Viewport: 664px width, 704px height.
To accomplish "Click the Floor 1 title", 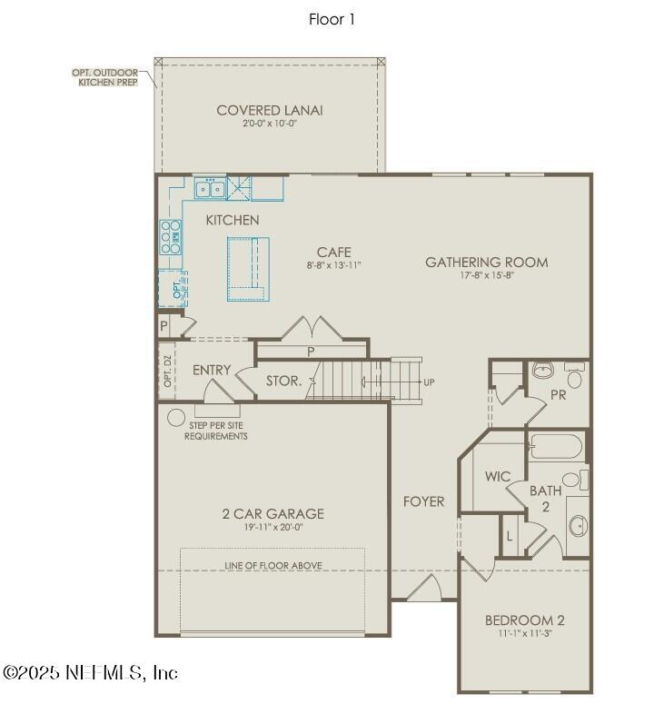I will point(332,19).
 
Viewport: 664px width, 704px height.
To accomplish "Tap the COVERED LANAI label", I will point(270,111).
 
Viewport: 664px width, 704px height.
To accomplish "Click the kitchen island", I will point(248,268).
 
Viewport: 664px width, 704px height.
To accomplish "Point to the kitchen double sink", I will point(211,189).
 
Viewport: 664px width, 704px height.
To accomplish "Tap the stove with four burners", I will point(170,237).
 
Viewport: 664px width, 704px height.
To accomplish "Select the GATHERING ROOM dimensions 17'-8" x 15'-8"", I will point(486,276).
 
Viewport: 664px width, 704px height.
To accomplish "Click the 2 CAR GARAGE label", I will point(273,514).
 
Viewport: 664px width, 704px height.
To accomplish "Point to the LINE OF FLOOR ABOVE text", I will point(273,566).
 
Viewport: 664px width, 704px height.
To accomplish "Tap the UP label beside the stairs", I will point(429,382).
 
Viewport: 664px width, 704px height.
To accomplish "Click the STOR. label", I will point(283,381).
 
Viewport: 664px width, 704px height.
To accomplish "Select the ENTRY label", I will point(212,370).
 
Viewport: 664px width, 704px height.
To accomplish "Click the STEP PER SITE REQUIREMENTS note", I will point(216,431).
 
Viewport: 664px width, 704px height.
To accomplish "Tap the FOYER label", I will point(423,501).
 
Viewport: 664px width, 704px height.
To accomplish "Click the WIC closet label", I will point(498,476).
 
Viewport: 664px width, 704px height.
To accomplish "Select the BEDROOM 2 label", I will point(524,620).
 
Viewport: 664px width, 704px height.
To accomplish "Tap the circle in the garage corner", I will point(175,419).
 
